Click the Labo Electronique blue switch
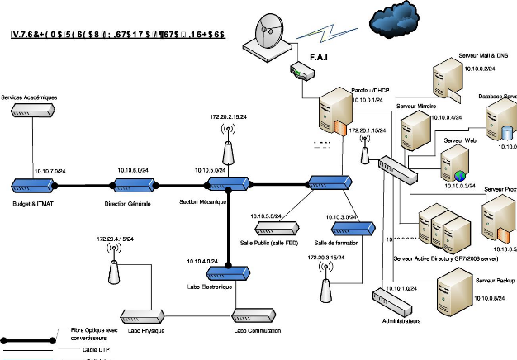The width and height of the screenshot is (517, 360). tap(228, 270)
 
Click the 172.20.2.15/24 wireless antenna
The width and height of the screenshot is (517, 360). tap(229, 153)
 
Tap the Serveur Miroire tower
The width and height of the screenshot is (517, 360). tap(412, 130)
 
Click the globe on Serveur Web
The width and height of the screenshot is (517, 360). tap(459, 175)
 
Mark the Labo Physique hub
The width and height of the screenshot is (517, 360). tap(141, 315)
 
